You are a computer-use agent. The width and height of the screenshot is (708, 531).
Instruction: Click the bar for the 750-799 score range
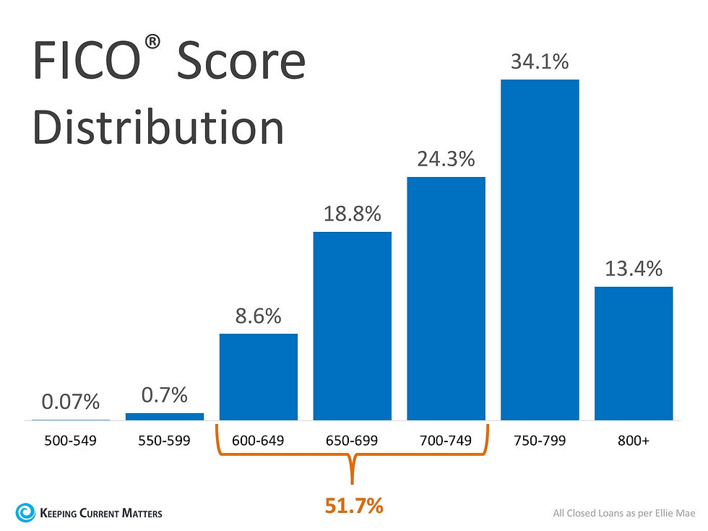pyautogui.click(x=540, y=249)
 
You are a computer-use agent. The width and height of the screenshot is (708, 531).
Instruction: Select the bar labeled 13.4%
pyautogui.click(x=634, y=353)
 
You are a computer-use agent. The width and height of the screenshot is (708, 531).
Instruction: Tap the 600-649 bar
pyautogui.click(x=258, y=376)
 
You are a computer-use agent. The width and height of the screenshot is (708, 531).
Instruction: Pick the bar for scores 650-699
pyautogui.click(x=352, y=326)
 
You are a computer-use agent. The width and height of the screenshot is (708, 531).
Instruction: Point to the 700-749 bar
pyautogui.click(x=446, y=298)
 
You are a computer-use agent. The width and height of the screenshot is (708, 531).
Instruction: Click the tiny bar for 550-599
pyautogui.click(x=165, y=416)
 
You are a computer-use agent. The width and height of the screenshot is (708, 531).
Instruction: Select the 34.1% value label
pyautogui.click(x=540, y=62)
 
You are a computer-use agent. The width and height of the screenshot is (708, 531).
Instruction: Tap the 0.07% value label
pyautogui.click(x=70, y=402)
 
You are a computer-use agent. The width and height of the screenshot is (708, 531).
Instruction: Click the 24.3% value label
pyautogui.click(x=446, y=159)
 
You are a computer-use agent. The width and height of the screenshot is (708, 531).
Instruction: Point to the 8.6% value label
pyautogui.click(x=258, y=316)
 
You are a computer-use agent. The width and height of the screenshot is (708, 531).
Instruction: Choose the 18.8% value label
pyautogui.click(x=352, y=214)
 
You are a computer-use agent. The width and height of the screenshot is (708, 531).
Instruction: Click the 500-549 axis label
pyautogui.click(x=70, y=440)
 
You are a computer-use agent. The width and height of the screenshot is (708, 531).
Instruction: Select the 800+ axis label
pyautogui.click(x=634, y=440)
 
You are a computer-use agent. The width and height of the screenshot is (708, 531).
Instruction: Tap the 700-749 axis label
pyautogui.click(x=446, y=440)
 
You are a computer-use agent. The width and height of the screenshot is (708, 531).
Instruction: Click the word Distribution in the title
pyautogui.click(x=158, y=127)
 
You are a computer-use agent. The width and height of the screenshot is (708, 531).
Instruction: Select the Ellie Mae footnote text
pyautogui.click(x=623, y=514)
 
